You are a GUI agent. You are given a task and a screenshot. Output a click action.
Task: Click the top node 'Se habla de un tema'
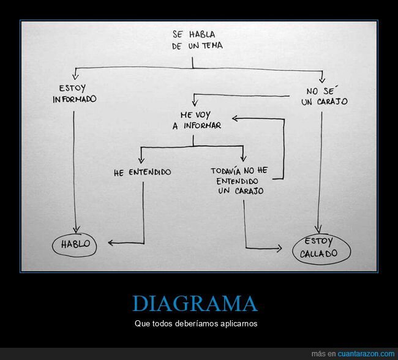[193, 40]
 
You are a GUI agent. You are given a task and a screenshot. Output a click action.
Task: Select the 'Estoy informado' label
[75, 93]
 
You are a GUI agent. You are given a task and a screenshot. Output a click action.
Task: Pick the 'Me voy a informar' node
[192, 120]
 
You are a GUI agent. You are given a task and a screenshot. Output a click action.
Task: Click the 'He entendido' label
[142, 173]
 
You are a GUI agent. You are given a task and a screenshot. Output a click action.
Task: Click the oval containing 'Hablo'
[75, 244]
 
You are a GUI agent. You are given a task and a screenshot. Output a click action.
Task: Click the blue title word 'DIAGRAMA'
[195, 304]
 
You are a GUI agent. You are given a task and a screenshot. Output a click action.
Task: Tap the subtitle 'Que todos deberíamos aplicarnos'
[196, 323]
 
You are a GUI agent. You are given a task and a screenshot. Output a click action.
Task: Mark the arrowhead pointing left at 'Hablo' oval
[111, 244]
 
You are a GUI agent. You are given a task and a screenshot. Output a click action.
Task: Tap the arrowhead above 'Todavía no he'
[244, 160]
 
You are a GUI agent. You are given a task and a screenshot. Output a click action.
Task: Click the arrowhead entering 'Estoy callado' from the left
[279, 249]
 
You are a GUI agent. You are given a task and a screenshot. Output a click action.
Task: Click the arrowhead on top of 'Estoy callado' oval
[319, 228]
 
